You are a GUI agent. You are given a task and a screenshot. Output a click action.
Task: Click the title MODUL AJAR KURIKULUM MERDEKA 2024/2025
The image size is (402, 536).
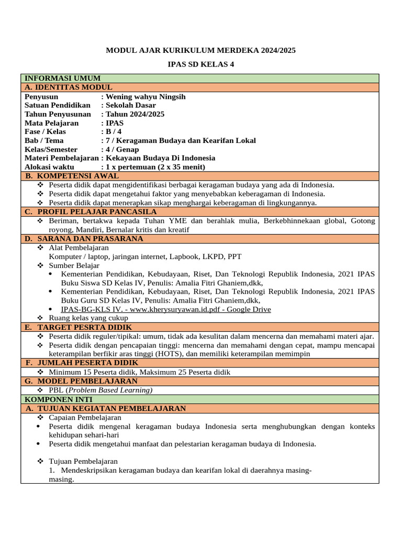(x=201, y=51)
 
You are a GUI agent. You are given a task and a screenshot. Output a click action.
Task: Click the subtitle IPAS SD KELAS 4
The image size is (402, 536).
(x=201, y=64)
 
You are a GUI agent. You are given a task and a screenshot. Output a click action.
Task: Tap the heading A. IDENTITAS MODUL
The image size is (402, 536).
(x=69, y=87)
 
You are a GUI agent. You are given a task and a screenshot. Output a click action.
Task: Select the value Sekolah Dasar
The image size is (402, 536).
(x=131, y=105)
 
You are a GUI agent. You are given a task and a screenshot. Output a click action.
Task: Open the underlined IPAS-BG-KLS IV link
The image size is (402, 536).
(x=166, y=309)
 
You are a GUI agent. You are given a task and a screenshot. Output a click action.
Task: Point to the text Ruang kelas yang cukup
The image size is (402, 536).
(x=88, y=318)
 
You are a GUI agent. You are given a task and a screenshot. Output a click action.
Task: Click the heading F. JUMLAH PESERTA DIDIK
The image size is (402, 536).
(x=82, y=362)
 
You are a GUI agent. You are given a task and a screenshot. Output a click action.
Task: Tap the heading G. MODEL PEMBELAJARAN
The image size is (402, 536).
(x=81, y=381)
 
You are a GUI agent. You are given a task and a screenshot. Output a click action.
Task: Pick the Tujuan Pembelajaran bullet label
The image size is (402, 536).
(x=83, y=461)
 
